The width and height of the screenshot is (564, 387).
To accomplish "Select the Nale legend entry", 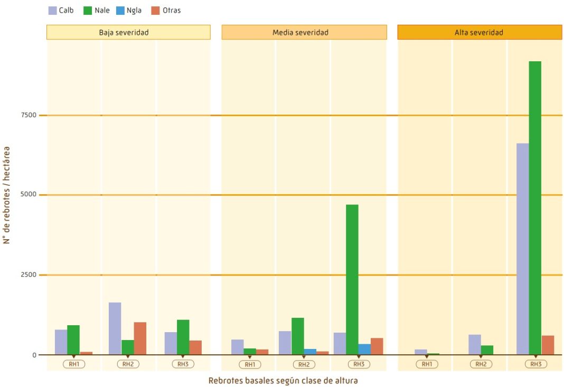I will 97,10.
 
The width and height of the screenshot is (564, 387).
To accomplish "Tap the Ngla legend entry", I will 129,10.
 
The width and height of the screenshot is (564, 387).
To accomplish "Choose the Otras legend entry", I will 166,10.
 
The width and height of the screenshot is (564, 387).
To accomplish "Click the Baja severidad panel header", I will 128,32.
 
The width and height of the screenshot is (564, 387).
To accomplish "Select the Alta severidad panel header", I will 479,32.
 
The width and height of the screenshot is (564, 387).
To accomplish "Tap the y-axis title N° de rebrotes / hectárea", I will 7,195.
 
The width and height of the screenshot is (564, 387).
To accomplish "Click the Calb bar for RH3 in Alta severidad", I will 522,249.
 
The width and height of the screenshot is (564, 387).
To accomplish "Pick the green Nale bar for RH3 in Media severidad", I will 352,279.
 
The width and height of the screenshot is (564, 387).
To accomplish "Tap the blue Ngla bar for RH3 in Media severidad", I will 364,350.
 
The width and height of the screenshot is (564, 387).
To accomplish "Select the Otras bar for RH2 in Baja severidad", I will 140,338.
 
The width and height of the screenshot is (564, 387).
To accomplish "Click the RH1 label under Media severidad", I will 249,364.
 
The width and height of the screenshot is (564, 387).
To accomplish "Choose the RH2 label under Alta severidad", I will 481,364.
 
